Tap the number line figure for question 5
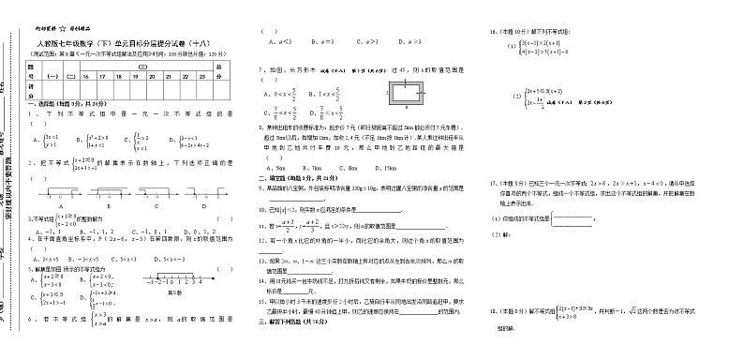(173, 277)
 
